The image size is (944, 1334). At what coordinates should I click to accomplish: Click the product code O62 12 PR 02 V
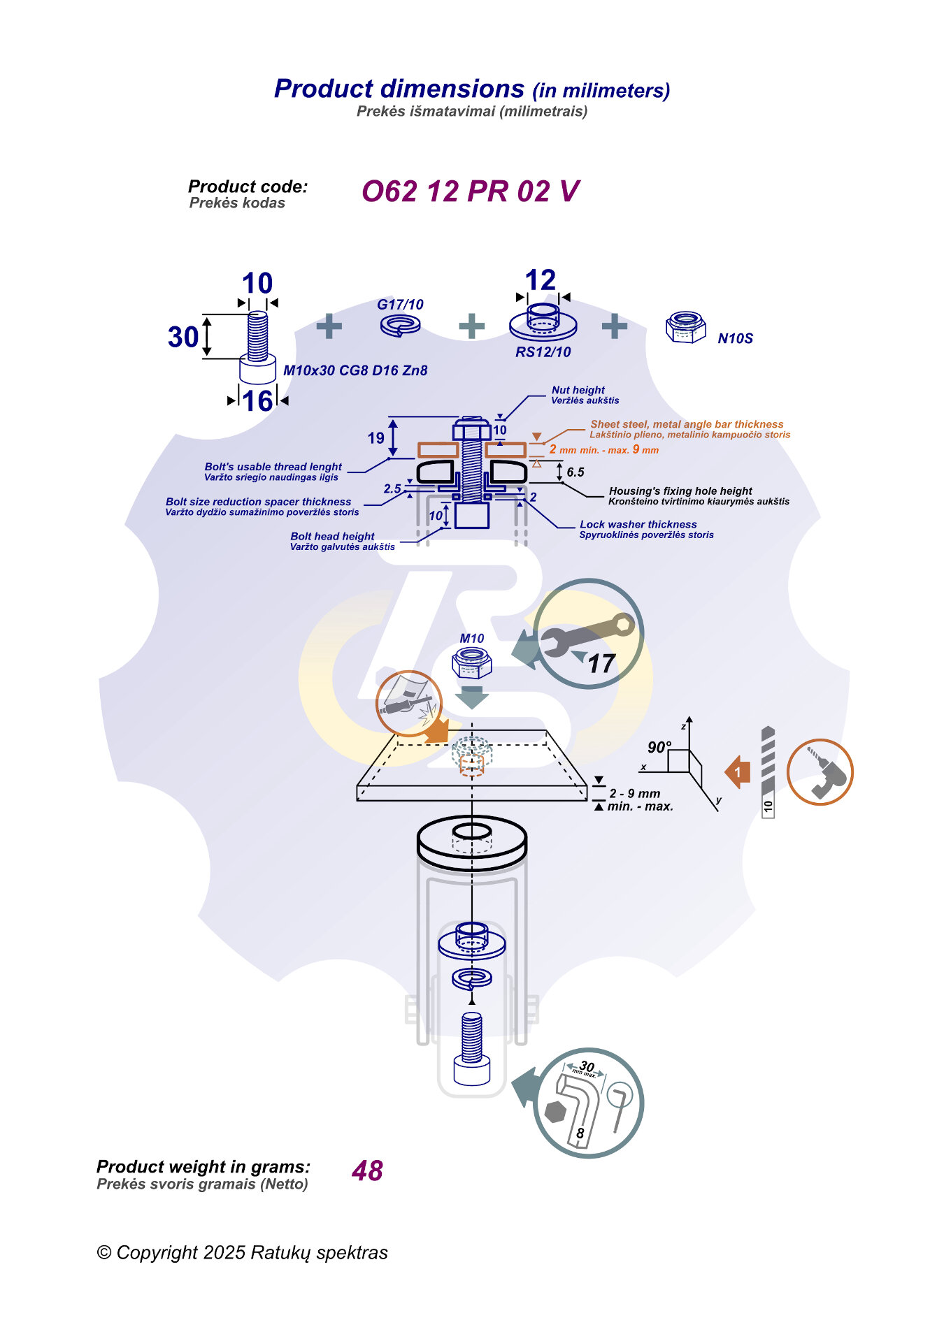tap(470, 191)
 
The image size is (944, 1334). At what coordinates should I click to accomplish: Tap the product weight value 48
tap(367, 1170)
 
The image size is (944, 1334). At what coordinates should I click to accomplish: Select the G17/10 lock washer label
tap(400, 305)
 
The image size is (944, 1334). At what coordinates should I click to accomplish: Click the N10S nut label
tap(735, 339)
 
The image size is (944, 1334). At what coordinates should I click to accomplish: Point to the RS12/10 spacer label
tap(543, 352)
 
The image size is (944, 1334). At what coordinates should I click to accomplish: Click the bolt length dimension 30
tap(183, 337)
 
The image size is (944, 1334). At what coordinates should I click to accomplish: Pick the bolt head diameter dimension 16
tap(257, 401)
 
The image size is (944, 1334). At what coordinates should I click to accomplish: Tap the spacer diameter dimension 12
tap(541, 280)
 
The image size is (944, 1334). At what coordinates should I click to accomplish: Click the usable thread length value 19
tap(376, 438)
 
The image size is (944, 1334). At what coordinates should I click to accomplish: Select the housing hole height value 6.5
tap(575, 472)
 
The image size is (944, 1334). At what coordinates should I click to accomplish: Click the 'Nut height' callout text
tap(578, 390)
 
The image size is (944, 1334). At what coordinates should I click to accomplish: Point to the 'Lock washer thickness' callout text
tap(638, 524)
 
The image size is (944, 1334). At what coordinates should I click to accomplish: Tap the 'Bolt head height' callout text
tap(332, 536)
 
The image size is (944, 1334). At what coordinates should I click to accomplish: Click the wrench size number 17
tap(601, 663)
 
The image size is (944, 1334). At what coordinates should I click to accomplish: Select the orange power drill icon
tap(820, 772)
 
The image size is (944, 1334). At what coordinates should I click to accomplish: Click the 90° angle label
tap(659, 747)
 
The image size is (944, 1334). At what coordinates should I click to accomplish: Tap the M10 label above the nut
tap(472, 638)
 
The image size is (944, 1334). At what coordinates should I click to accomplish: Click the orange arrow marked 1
tap(738, 772)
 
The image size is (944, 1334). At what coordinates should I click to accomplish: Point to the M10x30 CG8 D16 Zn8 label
tap(355, 370)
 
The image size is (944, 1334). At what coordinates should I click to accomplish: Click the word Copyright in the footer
tap(157, 1252)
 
